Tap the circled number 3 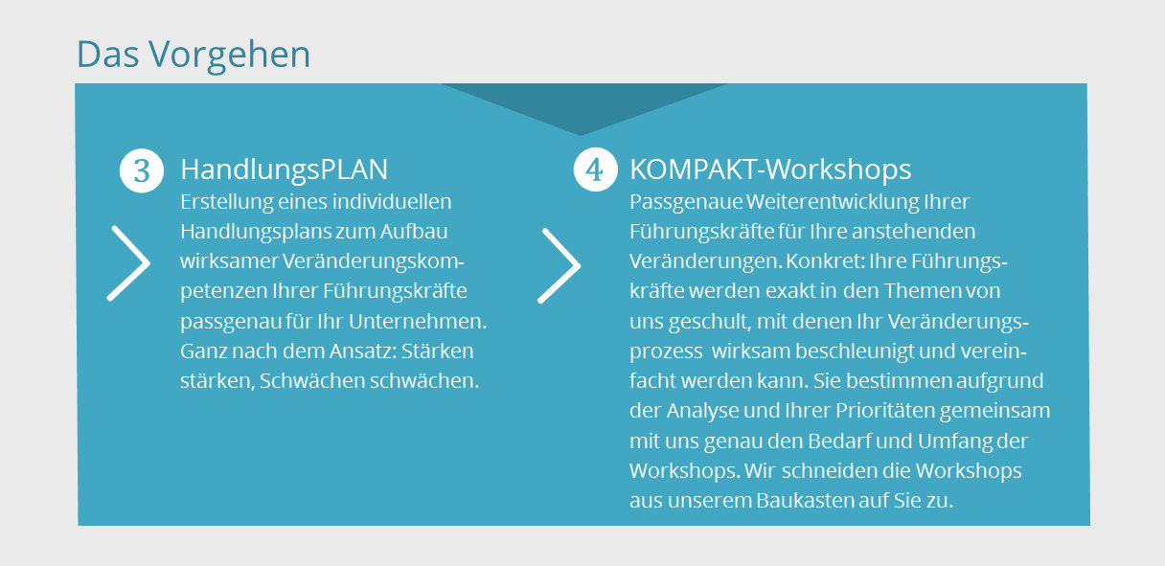[x=142, y=170]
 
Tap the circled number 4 [x=596, y=170]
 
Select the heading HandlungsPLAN [x=284, y=170]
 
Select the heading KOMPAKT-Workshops [x=770, y=170]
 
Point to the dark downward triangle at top [x=582, y=104]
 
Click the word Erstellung [x=227, y=202]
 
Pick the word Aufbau [x=414, y=232]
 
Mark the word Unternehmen [x=418, y=321]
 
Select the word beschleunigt [x=854, y=351]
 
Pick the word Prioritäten [x=885, y=411]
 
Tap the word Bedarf [x=839, y=441]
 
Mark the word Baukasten [x=805, y=501]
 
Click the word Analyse [x=702, y=412]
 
